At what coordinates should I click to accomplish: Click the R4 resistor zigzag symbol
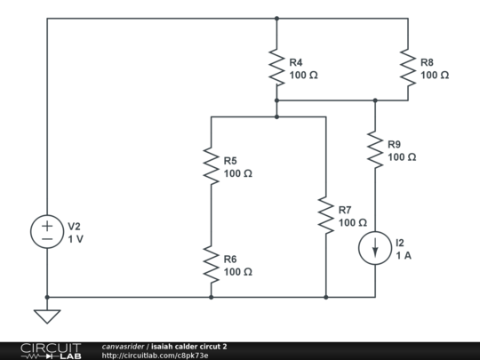276,68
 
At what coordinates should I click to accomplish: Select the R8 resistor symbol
408,68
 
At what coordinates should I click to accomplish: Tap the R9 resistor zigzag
375,149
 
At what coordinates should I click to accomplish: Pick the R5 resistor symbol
211,166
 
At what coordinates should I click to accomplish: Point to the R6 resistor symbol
211,264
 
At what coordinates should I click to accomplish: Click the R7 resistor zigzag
325,215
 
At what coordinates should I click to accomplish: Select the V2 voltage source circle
47,232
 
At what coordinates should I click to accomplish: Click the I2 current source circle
375,248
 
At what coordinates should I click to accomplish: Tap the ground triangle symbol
47,316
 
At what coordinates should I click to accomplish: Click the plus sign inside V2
47,227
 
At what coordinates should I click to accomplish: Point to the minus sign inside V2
47,239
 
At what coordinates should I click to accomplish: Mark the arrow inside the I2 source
375,248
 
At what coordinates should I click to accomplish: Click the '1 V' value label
76,239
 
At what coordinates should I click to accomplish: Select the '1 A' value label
404,255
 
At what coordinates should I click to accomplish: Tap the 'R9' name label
395,144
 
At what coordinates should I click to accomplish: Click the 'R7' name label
345,210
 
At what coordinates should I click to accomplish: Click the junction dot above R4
276,19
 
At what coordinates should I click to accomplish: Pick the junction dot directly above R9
375,100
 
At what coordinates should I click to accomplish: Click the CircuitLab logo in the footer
51,351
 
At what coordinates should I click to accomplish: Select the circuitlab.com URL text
155,356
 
